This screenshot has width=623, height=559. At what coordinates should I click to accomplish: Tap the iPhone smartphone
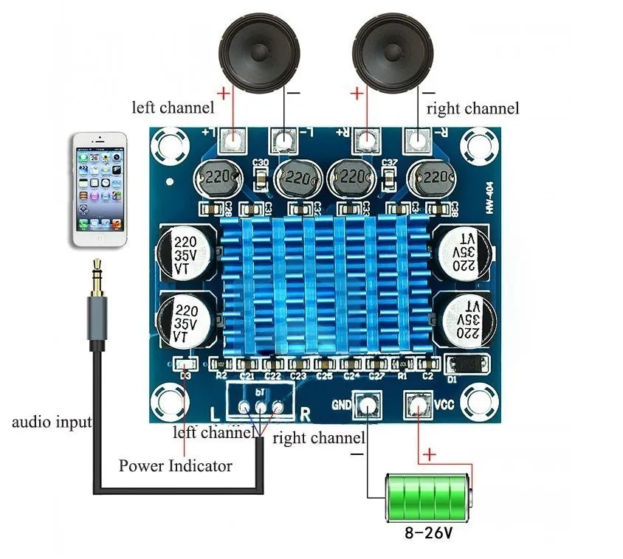pyautogui.click(x=100, y=190)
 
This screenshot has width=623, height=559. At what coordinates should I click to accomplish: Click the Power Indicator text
pyautogui.click(x=176, y=466)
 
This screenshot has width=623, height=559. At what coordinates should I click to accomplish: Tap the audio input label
pyautogui.click(x=52, y=423)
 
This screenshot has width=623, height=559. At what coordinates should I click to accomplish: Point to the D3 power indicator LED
pyautogui.click(x=186, y=364)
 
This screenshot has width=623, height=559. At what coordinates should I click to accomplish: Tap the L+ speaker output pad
pyautogui.click(x=235, y=138)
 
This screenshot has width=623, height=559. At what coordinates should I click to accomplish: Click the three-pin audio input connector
pyautogui.click(x=260, y=406)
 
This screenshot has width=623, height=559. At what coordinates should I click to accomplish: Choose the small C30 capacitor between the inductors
pyautogui.click(x=261, y=178)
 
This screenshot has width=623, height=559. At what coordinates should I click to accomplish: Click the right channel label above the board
pyautogui.click(x=472, y=108)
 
